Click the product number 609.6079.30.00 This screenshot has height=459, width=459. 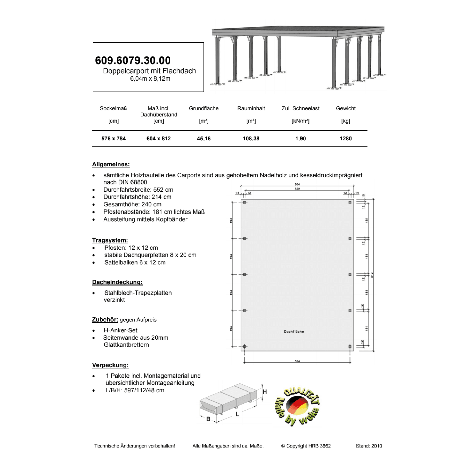(x=133, y=60)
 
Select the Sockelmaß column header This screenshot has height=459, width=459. (x=114, y=108)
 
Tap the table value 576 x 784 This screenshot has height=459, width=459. (x=114, y=138)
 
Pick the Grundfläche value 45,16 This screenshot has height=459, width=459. (x=204, y=138)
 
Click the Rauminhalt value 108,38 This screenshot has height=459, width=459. (x=251, y=138)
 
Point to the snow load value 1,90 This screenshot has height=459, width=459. (x=300, y=138)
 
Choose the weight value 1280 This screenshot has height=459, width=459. (x=345, y=138)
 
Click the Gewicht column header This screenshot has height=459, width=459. (x=345, y=108)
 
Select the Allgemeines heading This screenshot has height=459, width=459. (x=111, y=164)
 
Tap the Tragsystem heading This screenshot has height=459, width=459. (x=110, y=240)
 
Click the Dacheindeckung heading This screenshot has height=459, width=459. (x=117, y=282)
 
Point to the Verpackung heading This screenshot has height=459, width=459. (x=110, y=365)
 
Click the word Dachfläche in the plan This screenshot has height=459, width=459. (x=294, y=332)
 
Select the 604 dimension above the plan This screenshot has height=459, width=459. (x=297, y=184)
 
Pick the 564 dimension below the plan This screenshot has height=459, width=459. (x=297, y=361)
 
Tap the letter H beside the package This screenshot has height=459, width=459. (x=265, y=392)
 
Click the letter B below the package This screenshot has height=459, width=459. (x=208, y=419)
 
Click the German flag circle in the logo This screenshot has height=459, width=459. (x=297, y=406)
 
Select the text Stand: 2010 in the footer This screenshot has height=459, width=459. (x=369, y=446)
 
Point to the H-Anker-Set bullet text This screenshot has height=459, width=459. (x=121, y=330)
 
